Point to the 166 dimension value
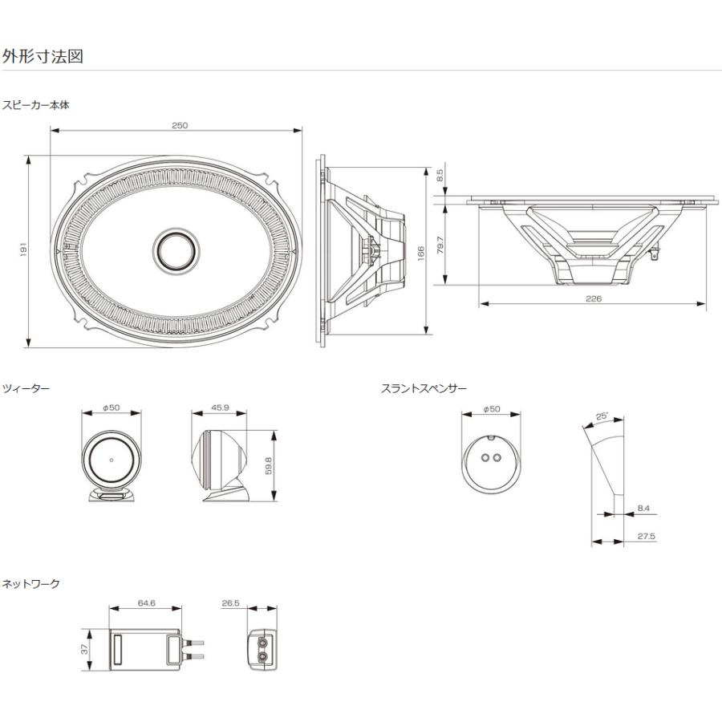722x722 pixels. [420, 252]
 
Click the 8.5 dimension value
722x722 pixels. [440, 176]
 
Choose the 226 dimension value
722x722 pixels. [593, 298]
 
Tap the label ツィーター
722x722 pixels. [26, 389]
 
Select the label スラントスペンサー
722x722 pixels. [424, 389]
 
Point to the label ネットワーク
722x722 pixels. [30, 584]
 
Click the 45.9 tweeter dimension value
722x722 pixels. [220, 408]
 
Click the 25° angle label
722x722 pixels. [602, 416]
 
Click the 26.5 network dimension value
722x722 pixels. [232, 602]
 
